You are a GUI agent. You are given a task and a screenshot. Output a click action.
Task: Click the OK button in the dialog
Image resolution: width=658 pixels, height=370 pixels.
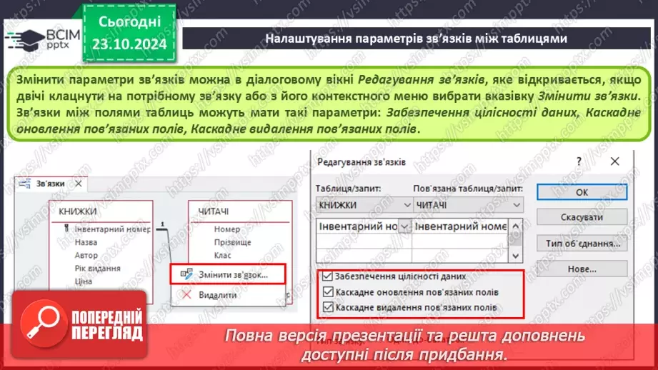582,192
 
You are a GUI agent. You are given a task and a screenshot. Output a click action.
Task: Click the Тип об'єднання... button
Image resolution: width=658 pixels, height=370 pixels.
582,244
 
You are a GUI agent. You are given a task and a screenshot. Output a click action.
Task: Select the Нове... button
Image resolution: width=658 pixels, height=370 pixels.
582,269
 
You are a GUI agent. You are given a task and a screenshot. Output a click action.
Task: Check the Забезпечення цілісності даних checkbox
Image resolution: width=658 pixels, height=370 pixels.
327,276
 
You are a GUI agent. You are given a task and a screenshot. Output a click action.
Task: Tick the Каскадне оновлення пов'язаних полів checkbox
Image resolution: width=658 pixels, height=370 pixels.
327,291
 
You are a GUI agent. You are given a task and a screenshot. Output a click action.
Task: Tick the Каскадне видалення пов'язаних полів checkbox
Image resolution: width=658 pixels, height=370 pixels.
327,308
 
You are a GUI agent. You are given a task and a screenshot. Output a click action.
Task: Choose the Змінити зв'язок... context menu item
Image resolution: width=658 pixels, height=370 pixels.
227,274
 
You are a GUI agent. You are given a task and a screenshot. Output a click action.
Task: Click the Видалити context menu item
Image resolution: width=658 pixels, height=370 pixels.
217,294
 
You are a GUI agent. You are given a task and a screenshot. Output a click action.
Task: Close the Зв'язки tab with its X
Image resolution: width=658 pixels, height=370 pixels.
79,184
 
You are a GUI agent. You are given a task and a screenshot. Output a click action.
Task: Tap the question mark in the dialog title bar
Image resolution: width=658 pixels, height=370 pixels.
579,162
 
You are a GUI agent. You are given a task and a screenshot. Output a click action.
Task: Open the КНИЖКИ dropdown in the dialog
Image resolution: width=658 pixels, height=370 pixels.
405,204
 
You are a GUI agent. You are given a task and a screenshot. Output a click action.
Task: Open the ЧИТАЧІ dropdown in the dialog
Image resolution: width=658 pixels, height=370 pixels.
517,204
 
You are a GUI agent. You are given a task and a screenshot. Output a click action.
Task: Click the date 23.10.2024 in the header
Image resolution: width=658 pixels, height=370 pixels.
129,44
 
